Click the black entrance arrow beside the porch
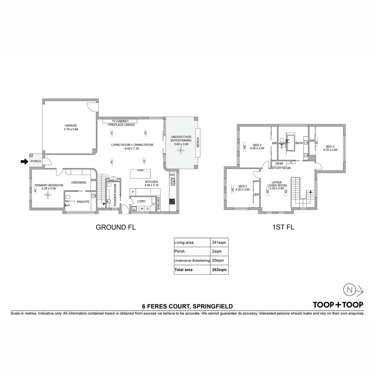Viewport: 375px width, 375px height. pos(24,161)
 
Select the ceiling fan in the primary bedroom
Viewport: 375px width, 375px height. pos(47,195)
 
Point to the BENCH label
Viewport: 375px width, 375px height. pos(198,143)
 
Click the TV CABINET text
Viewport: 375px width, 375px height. pos(118,121)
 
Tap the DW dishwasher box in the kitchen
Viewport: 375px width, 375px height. pos(172,175)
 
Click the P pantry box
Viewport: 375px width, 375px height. pos(133,192)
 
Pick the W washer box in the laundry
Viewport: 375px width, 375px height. pos(142,209)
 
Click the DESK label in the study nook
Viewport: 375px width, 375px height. pos(279,163)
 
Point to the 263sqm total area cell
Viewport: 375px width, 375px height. pos(219,269)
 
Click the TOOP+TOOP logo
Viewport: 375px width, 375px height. pos(338,305)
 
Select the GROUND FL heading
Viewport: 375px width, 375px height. pos(116,227)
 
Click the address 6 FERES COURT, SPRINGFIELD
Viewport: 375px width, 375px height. pos(187,306)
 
